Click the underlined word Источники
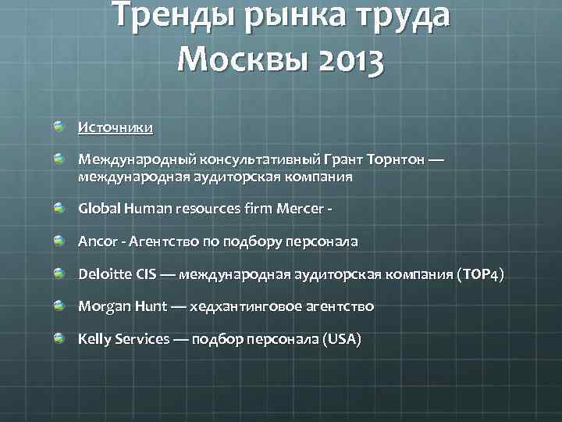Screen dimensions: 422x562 pos(116,127)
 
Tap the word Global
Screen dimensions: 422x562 pos(98,209)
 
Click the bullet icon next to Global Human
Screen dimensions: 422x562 pos(59,208)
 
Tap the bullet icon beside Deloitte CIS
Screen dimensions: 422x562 pos(59,273)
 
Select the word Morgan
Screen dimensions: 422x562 pos(101,306)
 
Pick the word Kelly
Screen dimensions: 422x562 pos(94,339)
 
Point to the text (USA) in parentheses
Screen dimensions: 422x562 pos(342,339)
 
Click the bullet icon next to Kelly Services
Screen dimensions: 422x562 pos(59,338)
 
